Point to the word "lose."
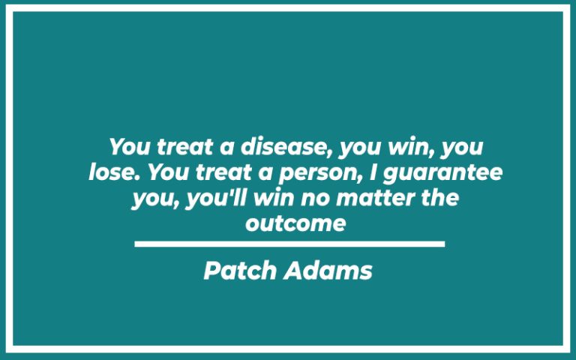click(115, 173)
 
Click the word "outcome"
click(295, 223)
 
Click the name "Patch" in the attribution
click(241, 271)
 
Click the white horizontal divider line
click(289, 244)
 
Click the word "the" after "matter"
click(434, 199)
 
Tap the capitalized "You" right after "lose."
click(167, 173)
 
